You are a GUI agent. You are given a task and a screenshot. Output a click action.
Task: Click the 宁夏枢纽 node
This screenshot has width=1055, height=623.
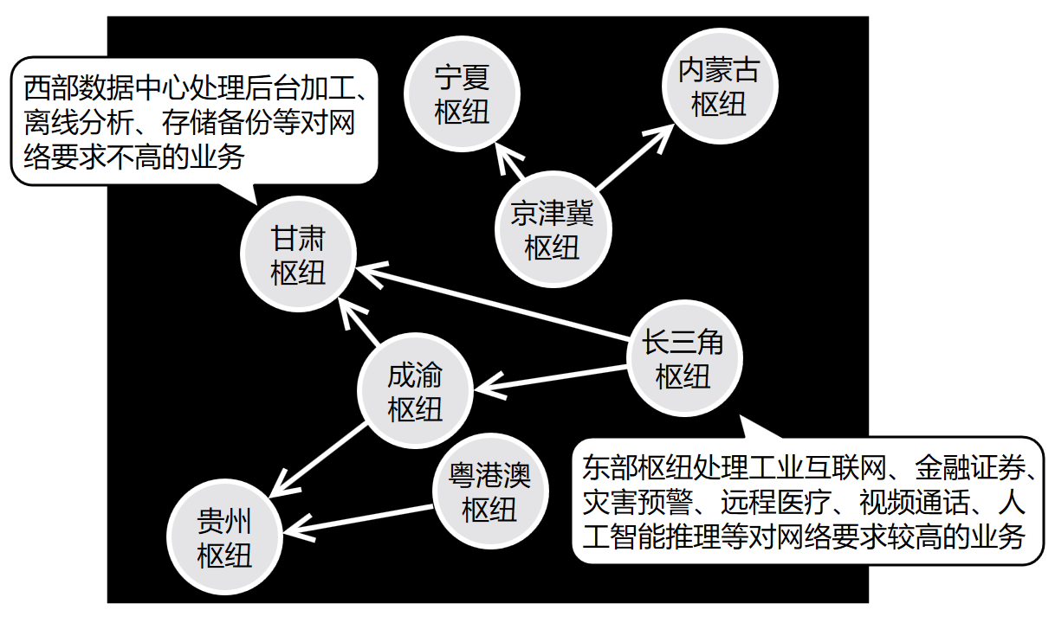(x=462, y=94)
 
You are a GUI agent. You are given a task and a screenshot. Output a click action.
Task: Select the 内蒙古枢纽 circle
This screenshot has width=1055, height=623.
(x=719, y=87)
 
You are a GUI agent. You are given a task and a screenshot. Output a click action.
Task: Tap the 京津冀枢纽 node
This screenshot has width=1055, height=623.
(x=553, y=230)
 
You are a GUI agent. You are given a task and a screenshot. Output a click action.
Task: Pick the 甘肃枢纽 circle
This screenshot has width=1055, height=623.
(x=298, y=256)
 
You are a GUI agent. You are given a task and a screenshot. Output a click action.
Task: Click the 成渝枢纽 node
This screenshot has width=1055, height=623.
(x=415, y=392)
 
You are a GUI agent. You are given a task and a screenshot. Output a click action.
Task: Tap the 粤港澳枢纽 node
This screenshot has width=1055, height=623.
(x=490, y=491)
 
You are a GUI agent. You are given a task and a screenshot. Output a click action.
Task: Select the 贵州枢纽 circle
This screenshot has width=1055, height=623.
(x=224, y=538)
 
